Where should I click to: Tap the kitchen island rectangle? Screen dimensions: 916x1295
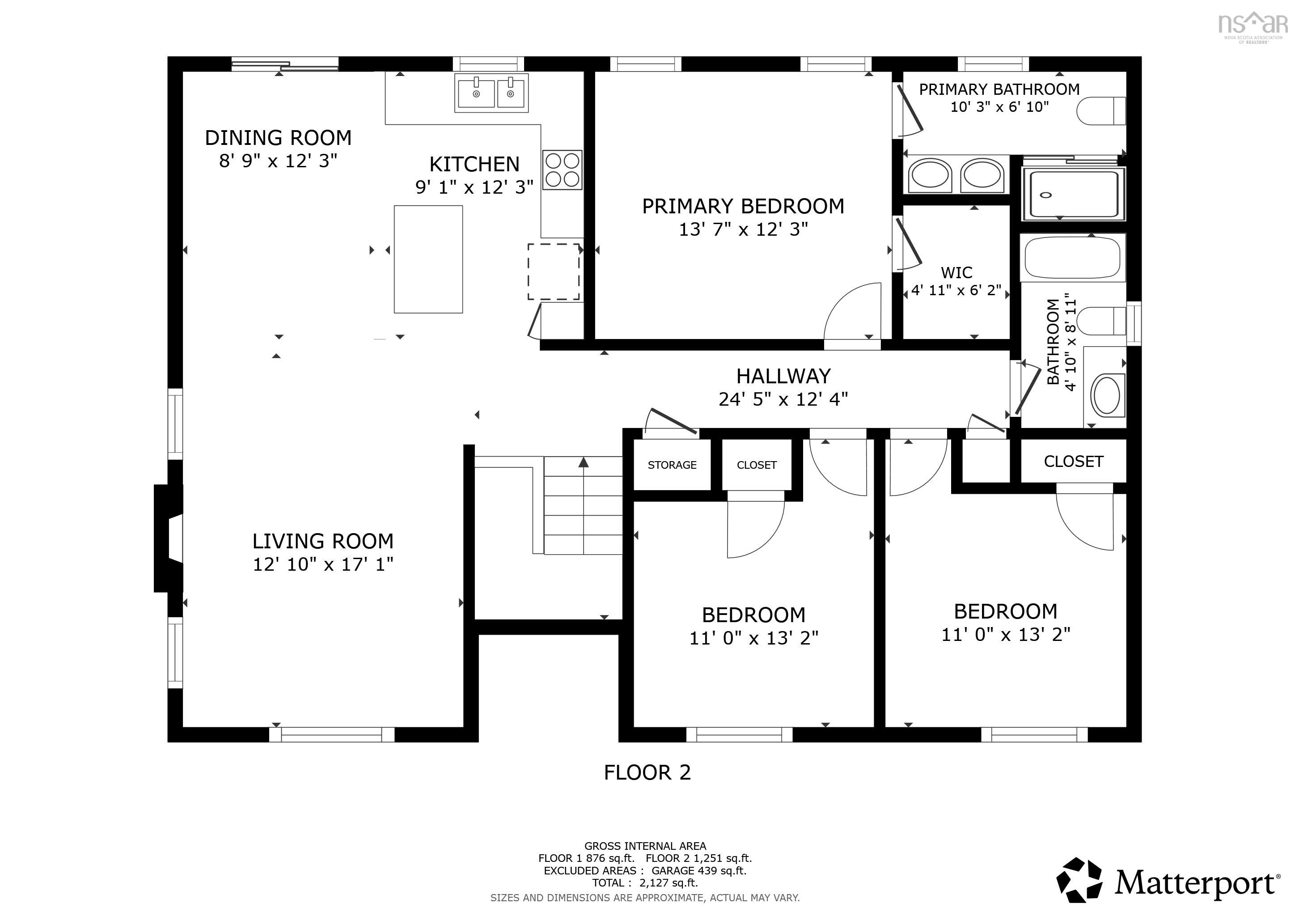pos(428,259)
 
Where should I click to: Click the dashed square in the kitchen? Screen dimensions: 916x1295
pos(553,271)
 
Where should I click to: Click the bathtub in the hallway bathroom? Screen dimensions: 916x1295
pos(1072,257)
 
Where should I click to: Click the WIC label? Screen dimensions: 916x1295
pos(956,272)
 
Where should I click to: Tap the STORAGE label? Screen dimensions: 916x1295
pos(672,465)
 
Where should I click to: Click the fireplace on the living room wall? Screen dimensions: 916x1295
pos(168,538)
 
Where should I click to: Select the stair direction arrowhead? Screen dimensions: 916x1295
pos(583,462)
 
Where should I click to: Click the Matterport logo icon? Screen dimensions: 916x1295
pos(1079,879)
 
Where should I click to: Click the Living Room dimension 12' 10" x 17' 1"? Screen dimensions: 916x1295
pos(322,564)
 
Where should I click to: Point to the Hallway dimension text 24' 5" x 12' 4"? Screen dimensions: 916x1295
pos(783,399)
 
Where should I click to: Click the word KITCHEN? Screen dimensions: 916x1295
pos(474,164)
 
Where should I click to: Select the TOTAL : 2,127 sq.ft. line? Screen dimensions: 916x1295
pos(645,883)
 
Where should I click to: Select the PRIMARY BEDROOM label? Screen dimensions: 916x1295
pos(743,207)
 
